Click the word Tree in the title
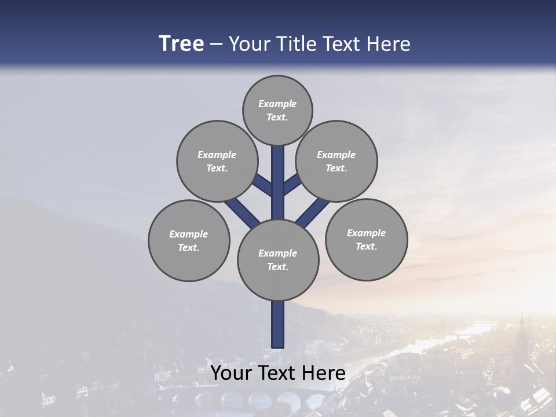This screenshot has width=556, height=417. (181, 43)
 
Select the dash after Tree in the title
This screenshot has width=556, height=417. (217, 45)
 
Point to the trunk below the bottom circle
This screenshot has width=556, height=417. (278, 324)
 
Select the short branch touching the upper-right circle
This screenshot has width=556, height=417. (291, 184)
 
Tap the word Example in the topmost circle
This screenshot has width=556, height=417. (277, 104)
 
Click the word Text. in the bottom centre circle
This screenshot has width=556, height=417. (277, 267)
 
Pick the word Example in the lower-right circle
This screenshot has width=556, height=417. (366, 233)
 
